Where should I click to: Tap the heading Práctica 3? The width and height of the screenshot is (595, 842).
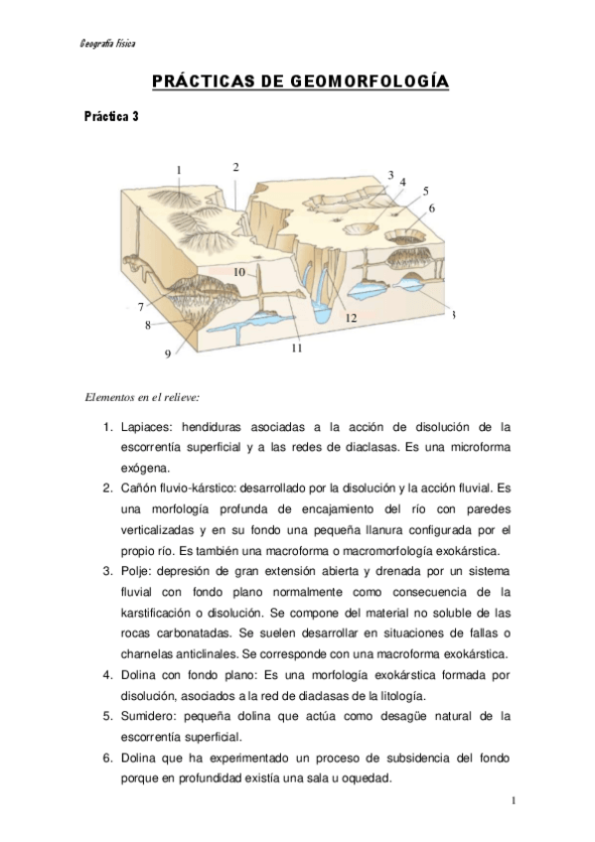click(x=111, y=116)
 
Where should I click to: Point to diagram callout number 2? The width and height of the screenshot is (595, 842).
click(x=236, y=167)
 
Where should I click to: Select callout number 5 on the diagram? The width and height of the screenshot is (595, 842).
click(x=425, y=190)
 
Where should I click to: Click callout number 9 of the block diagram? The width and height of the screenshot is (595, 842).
click(x=167, y=352)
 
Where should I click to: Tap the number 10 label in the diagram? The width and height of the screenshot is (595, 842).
click(x=239, y=271)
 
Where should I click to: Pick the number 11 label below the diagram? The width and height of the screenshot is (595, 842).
click(x=296, y=348)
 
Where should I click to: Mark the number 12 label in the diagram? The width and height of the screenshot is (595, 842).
click(x=351, y=318)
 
